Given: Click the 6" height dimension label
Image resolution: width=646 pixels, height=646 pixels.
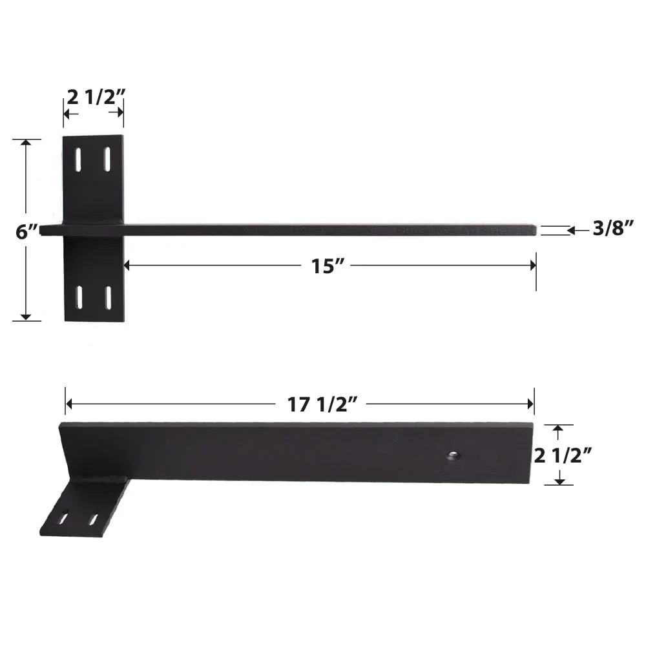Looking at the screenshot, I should (x=26, y=231).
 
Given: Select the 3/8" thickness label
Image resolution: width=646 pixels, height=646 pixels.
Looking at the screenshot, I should (x=613, y=228).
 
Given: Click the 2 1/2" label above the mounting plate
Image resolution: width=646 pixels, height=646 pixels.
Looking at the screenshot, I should (x=96, y=96).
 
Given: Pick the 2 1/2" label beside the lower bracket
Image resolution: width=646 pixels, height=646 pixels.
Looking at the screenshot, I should (x=561, y=455).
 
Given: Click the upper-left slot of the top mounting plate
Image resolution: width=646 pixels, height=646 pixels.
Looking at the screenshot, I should (x=78, y=159).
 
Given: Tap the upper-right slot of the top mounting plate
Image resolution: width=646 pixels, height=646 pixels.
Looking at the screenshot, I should (x=107, y=159).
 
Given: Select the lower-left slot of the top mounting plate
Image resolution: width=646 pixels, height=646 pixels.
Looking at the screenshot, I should (x=79, y=297).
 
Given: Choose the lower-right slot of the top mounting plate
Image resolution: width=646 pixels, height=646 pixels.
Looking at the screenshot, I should (x=108, y=297).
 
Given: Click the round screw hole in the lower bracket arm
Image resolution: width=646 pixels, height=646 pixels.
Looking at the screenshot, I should (x=453, y=456).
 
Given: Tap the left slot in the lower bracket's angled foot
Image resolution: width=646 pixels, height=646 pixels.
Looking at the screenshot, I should (x=64, y=518).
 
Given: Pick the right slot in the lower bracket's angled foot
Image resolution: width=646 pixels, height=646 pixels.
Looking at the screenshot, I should (x=94, y=519).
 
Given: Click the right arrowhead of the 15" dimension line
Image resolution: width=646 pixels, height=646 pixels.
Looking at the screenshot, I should (x=532, y=265).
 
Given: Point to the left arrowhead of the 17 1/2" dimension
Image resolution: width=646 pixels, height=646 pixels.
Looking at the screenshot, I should (x=69, y=404).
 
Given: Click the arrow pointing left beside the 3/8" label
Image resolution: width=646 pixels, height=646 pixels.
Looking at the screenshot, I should (x=572, y=229).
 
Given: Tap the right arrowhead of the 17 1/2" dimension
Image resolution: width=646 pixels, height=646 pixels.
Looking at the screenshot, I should (x=530, y=404).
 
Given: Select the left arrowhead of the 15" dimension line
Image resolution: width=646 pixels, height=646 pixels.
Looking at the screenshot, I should (x=127, y=265).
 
